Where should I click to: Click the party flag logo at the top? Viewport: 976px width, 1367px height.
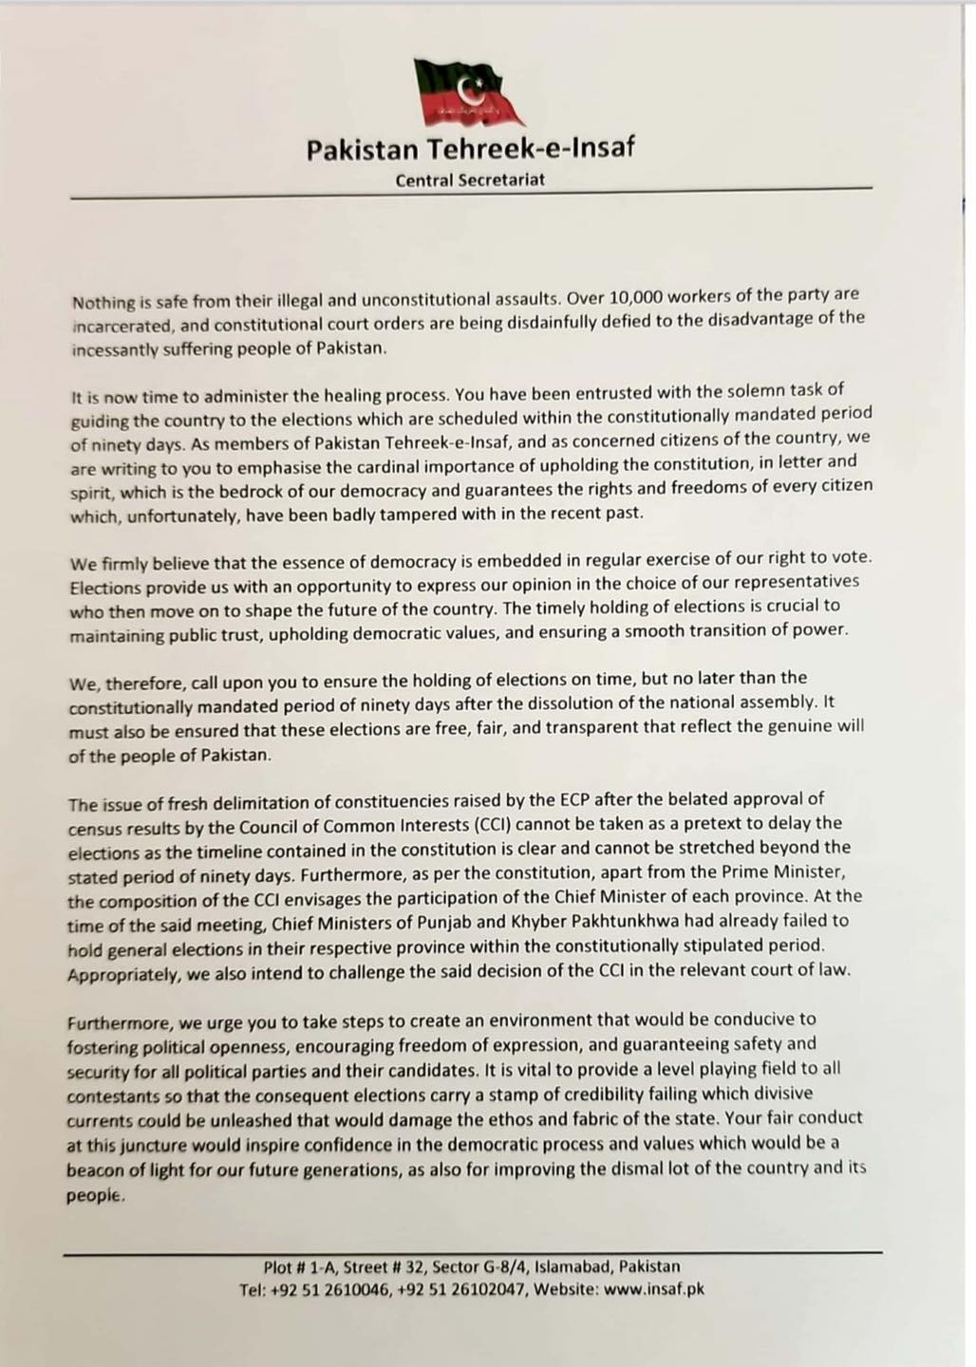[x=469, y=91]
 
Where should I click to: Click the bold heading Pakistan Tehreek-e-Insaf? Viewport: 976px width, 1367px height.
[x=470, y=149]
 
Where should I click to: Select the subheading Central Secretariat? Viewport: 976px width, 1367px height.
[x=470, y=179]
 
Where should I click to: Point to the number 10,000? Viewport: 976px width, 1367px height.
[x=628, y=297]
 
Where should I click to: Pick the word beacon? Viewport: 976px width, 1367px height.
[x=93, y=1170]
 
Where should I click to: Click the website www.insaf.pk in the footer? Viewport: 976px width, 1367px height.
[x=654, y=1290]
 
